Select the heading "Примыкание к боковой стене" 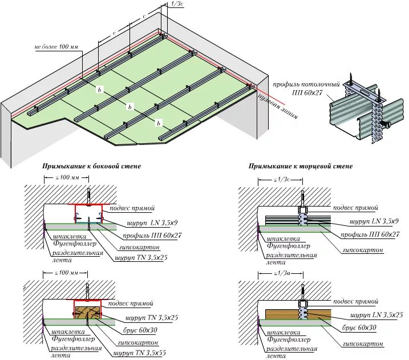pyautogui.click(x=91, y=166)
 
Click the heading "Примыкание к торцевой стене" pyautogui.click(x=300, y=166)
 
